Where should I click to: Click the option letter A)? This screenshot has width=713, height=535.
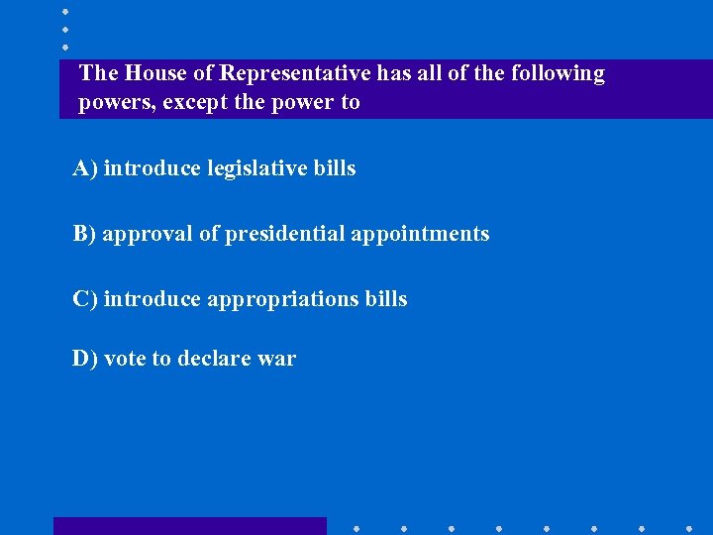86,168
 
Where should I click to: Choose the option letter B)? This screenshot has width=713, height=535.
85,234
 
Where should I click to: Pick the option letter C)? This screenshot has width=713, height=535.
86,299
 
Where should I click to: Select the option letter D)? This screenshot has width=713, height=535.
85,359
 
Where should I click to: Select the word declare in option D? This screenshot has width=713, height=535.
215,359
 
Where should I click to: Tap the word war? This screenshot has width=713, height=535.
277,360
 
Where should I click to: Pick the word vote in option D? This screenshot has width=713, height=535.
124,359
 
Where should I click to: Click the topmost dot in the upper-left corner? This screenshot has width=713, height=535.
65,11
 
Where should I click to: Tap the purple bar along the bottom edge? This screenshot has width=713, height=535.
189,526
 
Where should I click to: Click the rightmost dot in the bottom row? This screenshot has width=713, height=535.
689,528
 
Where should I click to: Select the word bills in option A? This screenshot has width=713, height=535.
335,168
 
